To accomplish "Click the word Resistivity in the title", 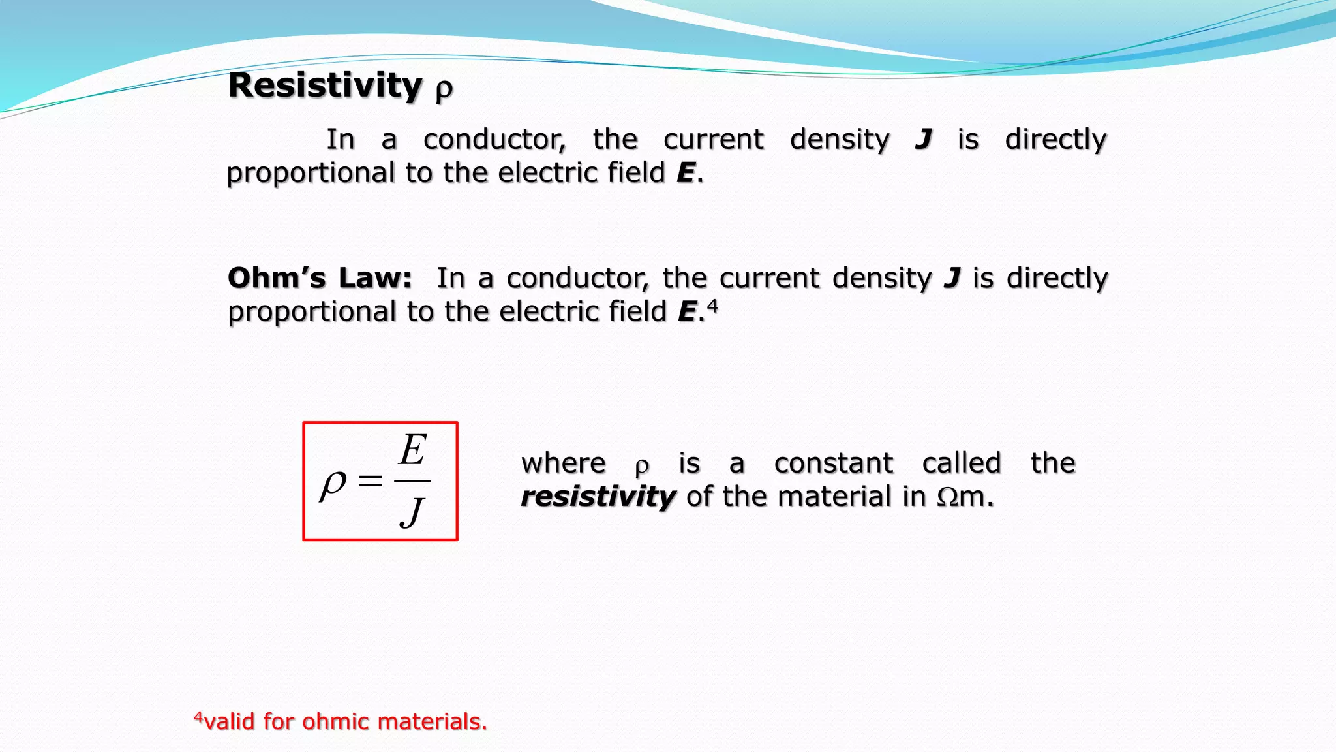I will [x=325, y=86].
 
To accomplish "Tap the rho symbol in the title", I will [x=444, y=89].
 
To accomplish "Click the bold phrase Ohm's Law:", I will [x=320, y=278].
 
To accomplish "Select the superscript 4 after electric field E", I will [x=712, y=305].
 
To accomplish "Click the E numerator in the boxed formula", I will [x=413, y=450].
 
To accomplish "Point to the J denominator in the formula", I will [x=412, y=512].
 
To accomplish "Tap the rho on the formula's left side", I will [x=333, y=484].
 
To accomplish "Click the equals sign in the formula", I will [x=370, y=482].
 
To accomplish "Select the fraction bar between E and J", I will [x=412, y=481].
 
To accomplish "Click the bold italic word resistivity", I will [x=598, y=497].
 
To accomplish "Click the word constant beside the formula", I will [x=833, y=463].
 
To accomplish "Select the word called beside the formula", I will [x=962, y=463].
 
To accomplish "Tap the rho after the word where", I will [x=642, y=466].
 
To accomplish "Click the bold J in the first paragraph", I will [x=923, y=140].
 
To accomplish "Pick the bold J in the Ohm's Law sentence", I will [x=952, y=279].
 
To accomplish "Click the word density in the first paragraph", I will [x=840, y=140].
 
